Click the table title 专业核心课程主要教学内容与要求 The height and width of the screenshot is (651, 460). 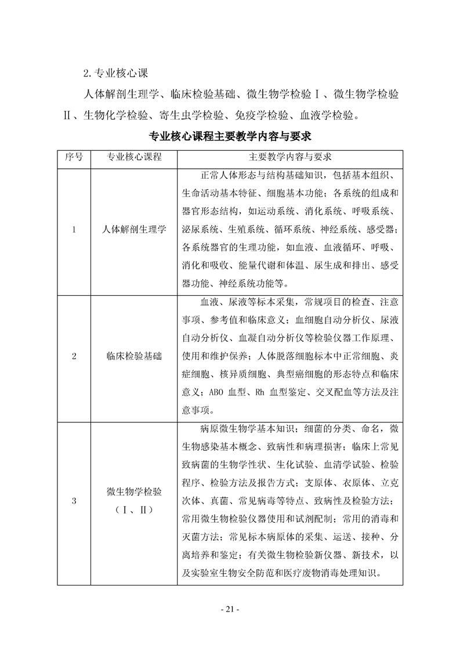point(230,137)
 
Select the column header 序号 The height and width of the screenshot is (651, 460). point(74,157)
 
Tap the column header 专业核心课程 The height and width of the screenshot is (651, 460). point(134,157)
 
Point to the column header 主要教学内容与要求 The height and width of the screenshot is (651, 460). point(290,157)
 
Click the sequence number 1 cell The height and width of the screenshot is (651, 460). point(74,229)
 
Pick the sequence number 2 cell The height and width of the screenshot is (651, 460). point(74,357)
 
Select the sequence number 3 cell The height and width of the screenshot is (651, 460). point(74,501)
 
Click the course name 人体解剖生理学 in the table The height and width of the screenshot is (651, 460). point(134,229)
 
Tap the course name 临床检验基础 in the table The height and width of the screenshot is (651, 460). point(134,357)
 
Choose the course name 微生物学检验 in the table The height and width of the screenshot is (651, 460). point(134,492)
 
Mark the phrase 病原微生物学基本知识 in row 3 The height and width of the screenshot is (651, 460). point(248,429)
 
